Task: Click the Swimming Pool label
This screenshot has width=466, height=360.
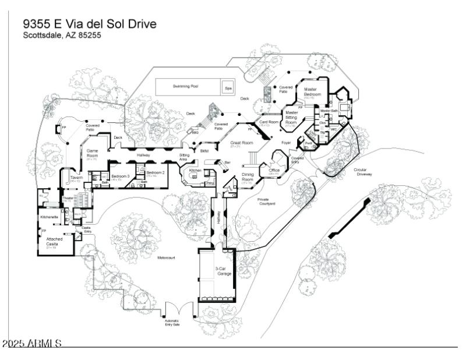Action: coord(185,86)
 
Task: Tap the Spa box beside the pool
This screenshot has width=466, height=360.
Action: coord(228,88)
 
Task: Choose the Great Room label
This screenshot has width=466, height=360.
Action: coord(240,143)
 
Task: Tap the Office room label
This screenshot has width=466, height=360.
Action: coord(274,170)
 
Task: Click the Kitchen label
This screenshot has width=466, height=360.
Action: coord(195,170)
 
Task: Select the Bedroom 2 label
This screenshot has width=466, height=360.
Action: coord(155,173)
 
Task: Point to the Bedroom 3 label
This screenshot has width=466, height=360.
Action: coord(120,176)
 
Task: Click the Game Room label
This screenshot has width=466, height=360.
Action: coord(92,154)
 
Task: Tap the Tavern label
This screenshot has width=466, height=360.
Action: coord(75,178)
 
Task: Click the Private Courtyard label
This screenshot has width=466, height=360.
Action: coord(266,201)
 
